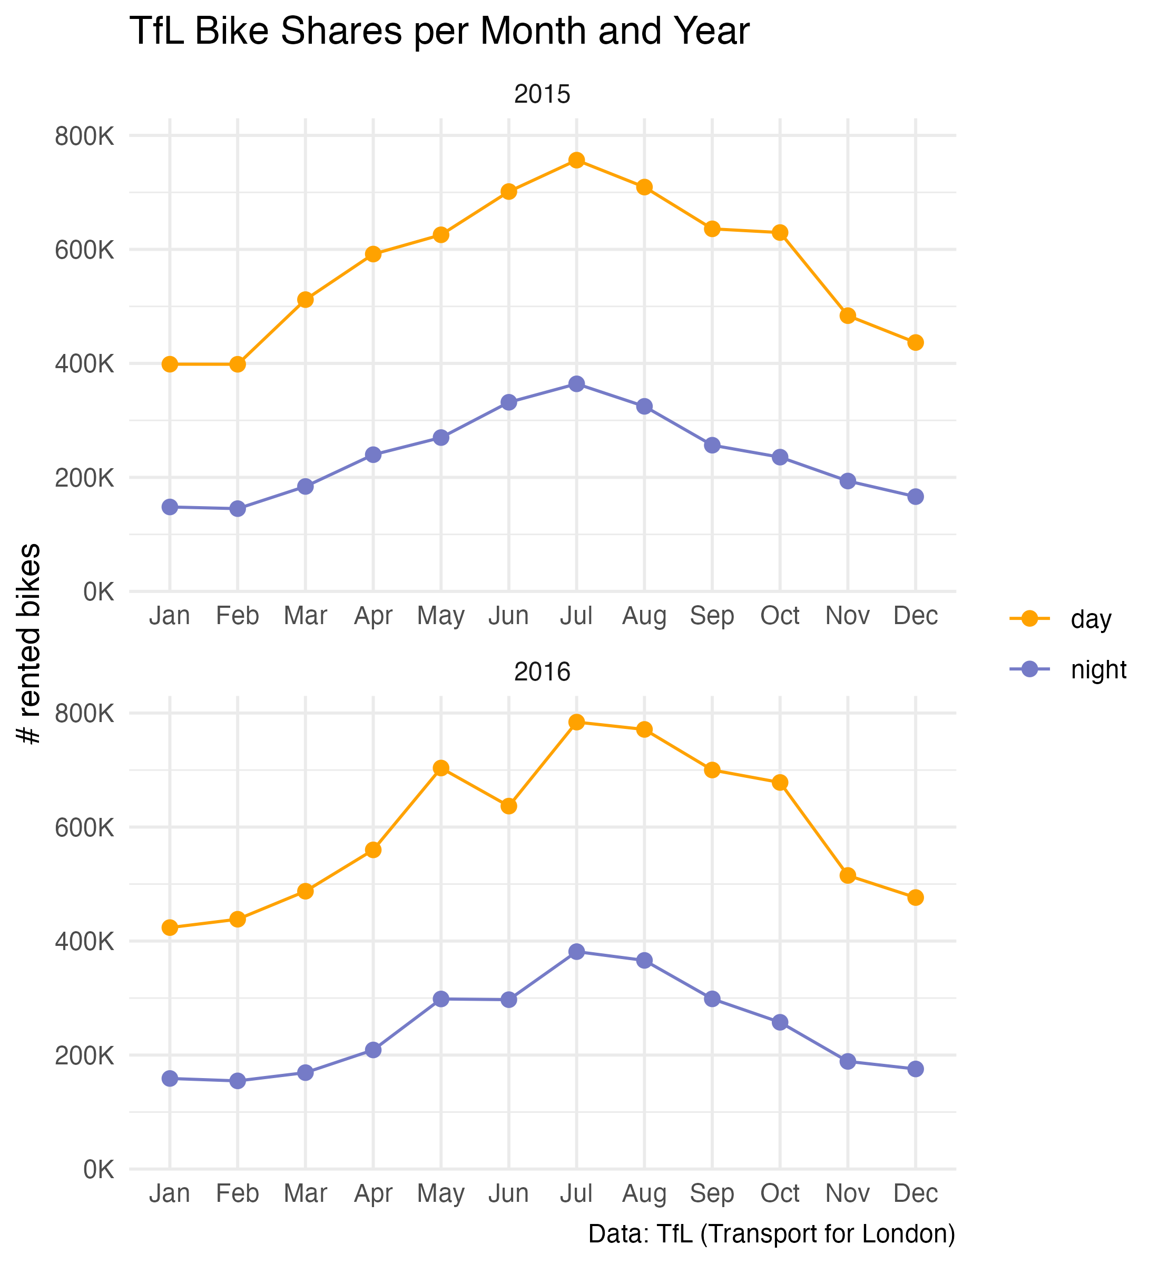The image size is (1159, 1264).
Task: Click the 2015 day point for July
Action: coord(576,161)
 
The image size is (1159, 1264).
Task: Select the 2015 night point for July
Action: coord(576,384)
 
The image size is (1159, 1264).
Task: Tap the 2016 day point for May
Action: coord(441,768)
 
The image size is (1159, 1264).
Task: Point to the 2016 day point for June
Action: coord(508,806)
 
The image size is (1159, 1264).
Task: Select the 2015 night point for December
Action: coord(916,497)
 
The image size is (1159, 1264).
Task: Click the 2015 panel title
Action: coord(542,95)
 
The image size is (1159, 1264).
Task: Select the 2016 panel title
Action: coord(542,672)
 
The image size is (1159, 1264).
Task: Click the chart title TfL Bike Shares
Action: coord(439,32)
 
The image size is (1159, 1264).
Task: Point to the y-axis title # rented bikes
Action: coord(30,644)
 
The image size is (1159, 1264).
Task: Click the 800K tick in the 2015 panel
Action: coord(85,136)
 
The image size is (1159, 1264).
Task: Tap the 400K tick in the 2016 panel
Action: coord(85,941)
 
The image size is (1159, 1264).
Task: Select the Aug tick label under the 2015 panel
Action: coord(644,616)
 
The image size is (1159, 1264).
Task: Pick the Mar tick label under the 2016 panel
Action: coord(306,1193)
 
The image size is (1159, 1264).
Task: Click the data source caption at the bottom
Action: coord(771,1234)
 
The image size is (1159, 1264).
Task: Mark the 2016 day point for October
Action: coord(780,783)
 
